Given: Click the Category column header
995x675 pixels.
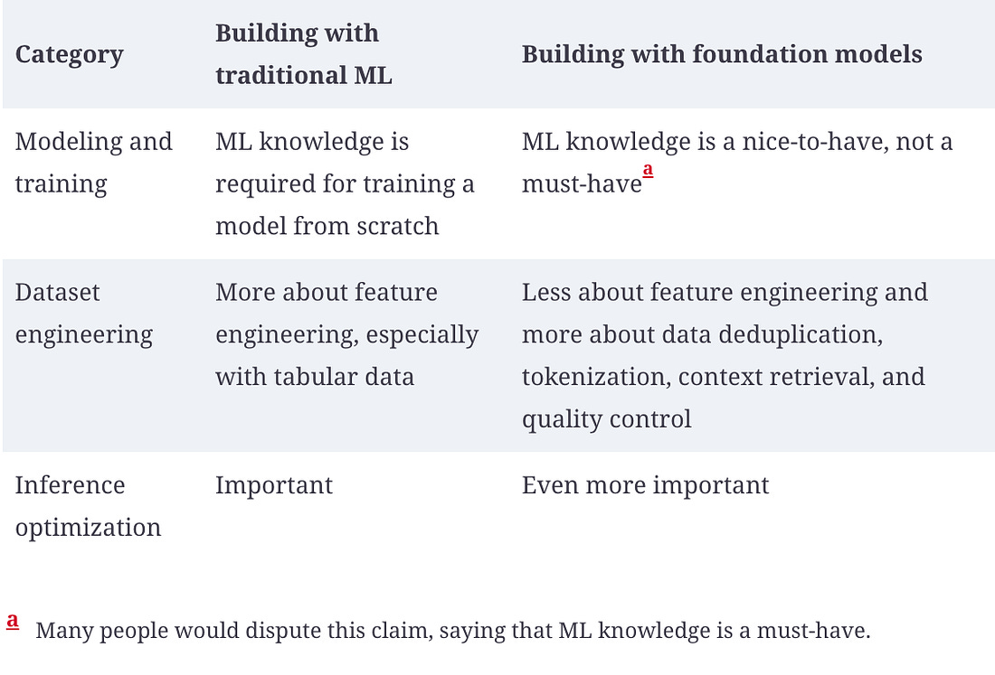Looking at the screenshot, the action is coord(70,54).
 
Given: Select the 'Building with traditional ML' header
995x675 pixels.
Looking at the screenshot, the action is coord(303,54).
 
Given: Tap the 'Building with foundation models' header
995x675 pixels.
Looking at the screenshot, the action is coord(722,54).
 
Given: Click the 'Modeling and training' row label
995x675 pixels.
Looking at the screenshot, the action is coord(93,163).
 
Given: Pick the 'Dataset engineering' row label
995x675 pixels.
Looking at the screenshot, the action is coord(84,314).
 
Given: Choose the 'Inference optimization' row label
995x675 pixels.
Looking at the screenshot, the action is coord(88,506).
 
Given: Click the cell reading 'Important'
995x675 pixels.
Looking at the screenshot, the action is coord(274,485).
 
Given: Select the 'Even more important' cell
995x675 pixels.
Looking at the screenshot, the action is coord(645,485).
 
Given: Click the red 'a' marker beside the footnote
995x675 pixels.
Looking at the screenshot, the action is coord(13,621).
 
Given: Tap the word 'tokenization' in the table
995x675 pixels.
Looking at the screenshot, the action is coord(594,377).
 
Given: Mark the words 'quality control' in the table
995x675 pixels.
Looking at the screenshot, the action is coord(606,419).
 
